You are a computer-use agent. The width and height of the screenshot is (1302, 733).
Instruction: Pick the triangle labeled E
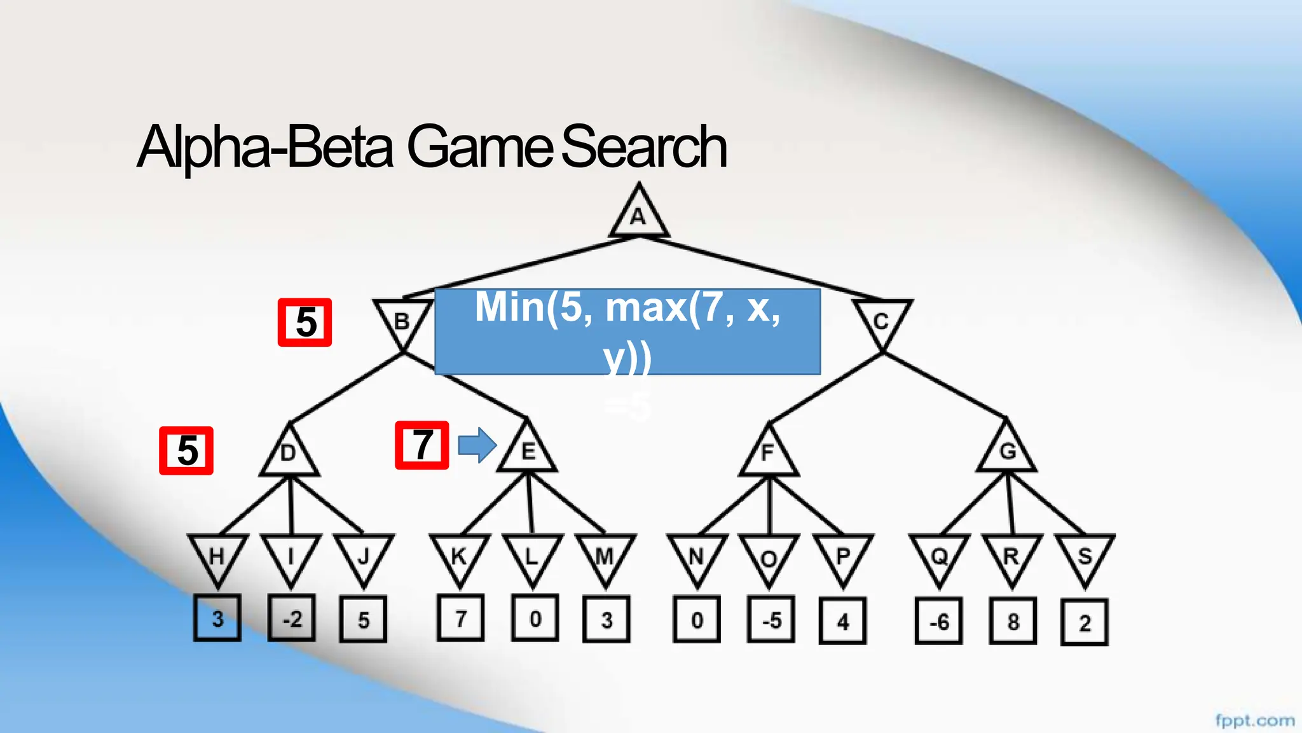(528, 450)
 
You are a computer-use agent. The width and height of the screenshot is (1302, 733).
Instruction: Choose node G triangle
(1007, 450)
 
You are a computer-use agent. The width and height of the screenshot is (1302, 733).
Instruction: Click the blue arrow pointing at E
(477, 445)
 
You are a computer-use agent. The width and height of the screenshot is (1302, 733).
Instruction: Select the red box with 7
(421, 445)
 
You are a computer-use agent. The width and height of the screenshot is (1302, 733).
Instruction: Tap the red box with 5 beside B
(305, 322)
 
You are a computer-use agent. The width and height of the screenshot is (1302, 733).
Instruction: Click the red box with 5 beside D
(186, 450)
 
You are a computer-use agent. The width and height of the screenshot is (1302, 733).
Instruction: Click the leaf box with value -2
(291, 618)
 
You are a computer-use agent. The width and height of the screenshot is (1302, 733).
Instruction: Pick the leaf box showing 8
(1013, 621)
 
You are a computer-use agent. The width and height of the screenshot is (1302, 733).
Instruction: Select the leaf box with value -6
(938, 621)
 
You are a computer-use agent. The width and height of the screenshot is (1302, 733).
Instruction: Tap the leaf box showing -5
(771, 620)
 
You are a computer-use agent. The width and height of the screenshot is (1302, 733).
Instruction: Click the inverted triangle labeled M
(605, 557)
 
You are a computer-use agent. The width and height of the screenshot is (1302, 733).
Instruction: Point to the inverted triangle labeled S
(1085, 557)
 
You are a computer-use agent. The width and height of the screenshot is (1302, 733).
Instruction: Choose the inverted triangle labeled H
(217, 557)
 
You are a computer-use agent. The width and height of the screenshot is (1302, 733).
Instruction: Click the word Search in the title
(643, 148)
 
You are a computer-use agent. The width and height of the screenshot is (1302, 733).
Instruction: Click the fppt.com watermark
(1255, 721)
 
